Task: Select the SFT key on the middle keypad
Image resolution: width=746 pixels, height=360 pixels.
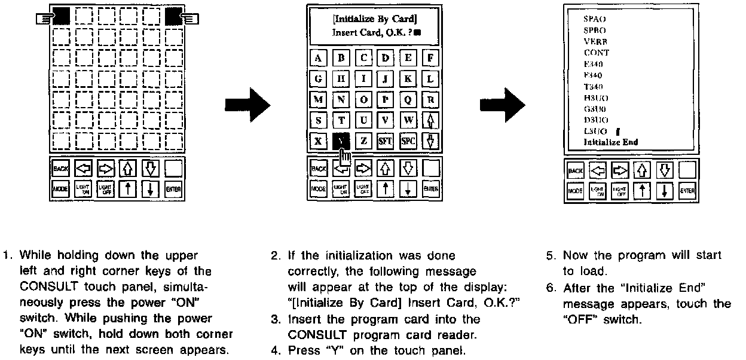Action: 386,141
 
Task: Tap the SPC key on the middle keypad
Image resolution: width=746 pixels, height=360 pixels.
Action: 408,141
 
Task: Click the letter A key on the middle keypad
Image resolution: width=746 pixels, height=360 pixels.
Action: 319,58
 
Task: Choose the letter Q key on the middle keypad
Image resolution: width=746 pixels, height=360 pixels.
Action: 408,99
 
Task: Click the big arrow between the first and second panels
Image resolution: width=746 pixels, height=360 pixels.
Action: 247,106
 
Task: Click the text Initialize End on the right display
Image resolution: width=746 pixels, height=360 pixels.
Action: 611,142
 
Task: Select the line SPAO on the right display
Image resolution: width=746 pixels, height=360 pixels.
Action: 594,19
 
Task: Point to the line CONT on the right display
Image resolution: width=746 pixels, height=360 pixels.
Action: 597,53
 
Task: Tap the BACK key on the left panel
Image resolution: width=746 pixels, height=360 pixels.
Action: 60,169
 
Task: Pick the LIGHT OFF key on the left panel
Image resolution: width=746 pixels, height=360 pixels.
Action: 105,190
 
